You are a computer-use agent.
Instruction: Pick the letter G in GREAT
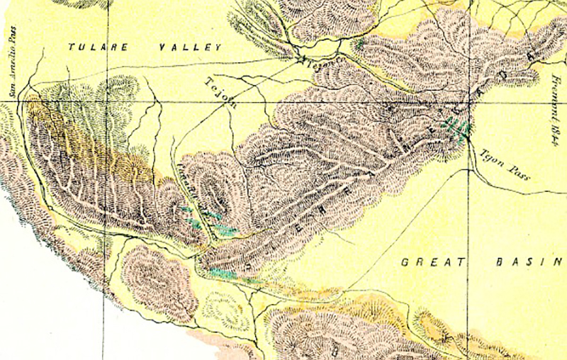[x=405, y=262]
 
